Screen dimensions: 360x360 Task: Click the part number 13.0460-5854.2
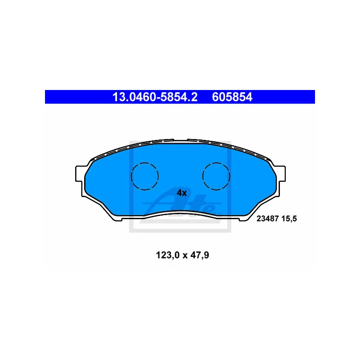(155, 97)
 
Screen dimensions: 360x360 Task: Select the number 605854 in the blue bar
(232, 97)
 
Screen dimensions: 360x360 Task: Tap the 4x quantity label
(182, 193)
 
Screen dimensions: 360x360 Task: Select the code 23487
(267, 219)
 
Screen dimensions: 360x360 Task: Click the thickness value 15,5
(289, 219)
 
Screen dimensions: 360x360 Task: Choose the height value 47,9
(200, 255)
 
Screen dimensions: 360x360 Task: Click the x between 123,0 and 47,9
(185, 256)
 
